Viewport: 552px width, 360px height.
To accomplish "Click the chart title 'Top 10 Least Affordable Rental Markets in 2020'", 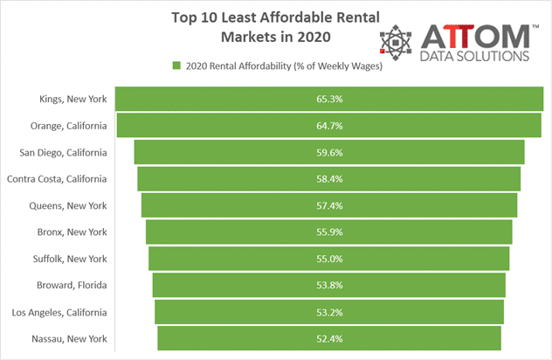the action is [276, 27].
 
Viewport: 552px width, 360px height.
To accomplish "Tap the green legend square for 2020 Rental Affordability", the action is [176, 66].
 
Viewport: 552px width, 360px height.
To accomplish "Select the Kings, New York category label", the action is [72, 99].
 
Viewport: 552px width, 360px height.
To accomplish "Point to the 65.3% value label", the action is [329, 99].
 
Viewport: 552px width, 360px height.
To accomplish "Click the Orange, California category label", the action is [68, 126].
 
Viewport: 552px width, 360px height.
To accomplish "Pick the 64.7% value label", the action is [329, 126].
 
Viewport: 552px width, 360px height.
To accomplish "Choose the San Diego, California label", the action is [63, 153].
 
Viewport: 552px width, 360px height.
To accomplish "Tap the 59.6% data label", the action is [329, 153].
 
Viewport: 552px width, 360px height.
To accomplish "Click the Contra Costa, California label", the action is [57, 179].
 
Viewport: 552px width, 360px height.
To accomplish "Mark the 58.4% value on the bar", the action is [329, 179].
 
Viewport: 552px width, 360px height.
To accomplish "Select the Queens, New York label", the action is [68, 205].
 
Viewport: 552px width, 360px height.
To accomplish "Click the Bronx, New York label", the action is [72, 232].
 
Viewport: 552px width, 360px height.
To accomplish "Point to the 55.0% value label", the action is [329, 259].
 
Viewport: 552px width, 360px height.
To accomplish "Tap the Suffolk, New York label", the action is [70, 259].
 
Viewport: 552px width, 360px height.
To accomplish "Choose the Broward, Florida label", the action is [72, 285].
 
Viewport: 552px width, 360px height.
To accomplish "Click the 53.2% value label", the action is [329, 313].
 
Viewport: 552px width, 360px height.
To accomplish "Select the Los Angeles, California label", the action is [59, 313].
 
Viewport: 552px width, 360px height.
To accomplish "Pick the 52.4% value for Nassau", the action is [329, 339].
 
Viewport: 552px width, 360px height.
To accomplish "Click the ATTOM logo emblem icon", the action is [396, 42].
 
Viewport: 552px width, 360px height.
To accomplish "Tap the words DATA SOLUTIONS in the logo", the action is [474, 56].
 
